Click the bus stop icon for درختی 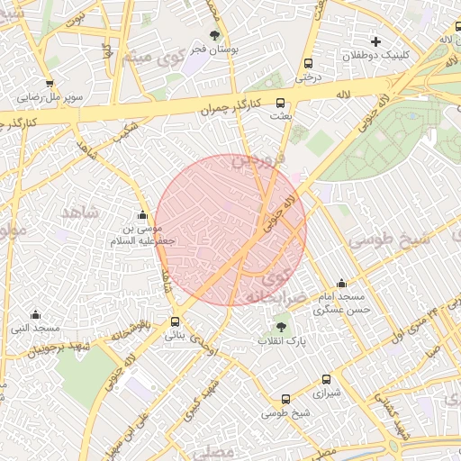[x=309, y=63]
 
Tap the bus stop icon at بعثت [x=280, y=103]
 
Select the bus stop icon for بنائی [x=175, y=321]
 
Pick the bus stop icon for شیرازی [x=326, y=379]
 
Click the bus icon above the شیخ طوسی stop [x=285, y=399]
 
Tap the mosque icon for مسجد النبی [x=35, y=314]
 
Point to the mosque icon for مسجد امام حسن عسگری [x=340, y=283]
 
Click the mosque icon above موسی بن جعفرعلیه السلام [x=141, y=214]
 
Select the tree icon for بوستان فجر [x=214, y=36]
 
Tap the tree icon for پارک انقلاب [x=282, y=327]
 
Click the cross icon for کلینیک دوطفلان [x=375, y=41]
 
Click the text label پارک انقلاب [x=282, y=341]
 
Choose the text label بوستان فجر [x=215, y=50]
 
